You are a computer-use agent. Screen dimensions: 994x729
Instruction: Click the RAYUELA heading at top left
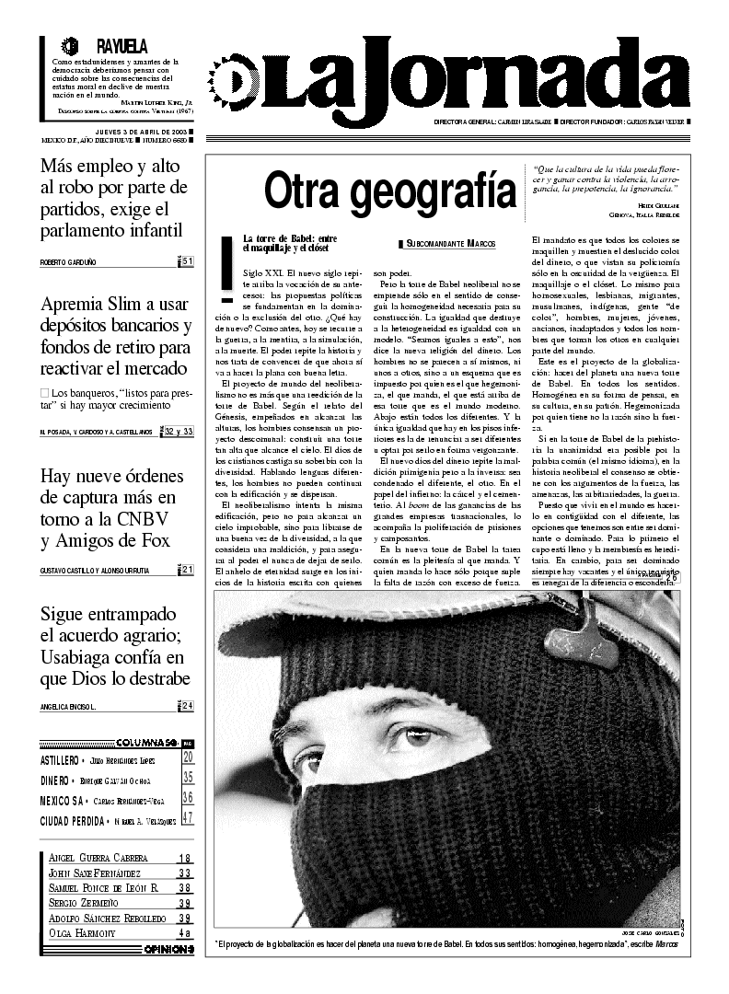pyautogui.click(x=121, y=46)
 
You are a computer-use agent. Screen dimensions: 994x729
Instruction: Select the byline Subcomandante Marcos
pyautogui.click(x=448, y=243)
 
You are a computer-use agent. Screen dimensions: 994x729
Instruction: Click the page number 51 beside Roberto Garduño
pyautogui.click(x=187, y=262)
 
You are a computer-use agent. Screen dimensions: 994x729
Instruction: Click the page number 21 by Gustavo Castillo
pyautogui.click(x=187, y=571)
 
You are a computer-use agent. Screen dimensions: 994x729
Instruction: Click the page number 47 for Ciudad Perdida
pyautogui.click(x=188, y=818)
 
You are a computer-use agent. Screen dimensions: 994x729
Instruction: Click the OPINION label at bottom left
pyautogui.click(x=168, y=949)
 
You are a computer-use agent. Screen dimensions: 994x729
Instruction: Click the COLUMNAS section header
pyautogui.click(x=145, y=743)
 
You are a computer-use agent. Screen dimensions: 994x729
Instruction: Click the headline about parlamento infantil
pyautogui.click(x=114, y=198)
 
